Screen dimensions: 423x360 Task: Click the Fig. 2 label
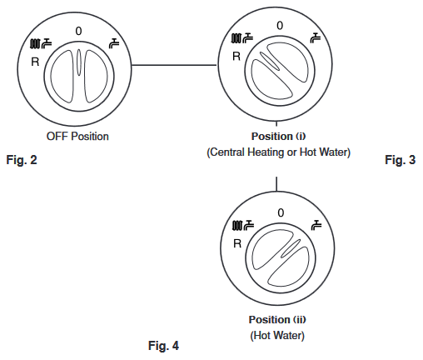[22, 160]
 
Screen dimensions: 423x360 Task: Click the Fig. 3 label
[401, 160]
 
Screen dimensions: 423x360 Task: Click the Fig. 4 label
[163, 346]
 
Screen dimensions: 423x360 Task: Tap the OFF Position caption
[77, 137]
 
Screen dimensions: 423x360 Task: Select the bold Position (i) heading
[278, 137]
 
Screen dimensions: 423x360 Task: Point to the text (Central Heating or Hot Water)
[278, 152]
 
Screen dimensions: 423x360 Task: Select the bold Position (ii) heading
[277, 319]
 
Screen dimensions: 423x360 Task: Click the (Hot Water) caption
[277, 335]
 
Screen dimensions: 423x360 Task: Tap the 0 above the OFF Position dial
[78, 31]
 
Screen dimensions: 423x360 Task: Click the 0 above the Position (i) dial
[280, 26]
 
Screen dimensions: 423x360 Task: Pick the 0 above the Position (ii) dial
[281, 212]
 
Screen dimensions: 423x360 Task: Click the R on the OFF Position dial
[35, 62]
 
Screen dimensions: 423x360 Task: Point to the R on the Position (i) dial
[236, 57]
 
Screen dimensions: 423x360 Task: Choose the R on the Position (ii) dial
[237, 243]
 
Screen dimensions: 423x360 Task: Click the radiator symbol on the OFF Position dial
[35, 43]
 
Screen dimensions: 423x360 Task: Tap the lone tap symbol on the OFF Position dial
[114, 43]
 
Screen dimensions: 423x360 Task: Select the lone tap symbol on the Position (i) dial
[316, 37]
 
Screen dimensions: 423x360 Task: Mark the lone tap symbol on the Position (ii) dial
[316, 225]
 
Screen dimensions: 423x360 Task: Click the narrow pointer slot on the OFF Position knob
[79, 62]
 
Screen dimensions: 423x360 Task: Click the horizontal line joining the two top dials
[174, 65]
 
